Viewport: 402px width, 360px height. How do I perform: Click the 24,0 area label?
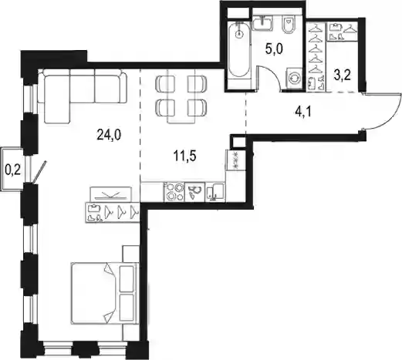coord(109,134)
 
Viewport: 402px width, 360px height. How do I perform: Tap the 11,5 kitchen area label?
coord(185,156)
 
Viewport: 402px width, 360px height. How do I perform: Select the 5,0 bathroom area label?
coord(274,49)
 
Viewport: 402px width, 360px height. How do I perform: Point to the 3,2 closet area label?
coord(343,75)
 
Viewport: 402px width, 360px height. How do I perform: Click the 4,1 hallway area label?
coord(303,113)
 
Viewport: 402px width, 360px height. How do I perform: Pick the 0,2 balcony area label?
coord(13,170)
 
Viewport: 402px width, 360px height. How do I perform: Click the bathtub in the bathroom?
coord(239,50)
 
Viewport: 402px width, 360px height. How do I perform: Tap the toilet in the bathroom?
coord(289,24)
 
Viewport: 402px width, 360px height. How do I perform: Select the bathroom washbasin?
coord(262,23)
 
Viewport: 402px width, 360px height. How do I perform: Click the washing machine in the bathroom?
coord(295,79)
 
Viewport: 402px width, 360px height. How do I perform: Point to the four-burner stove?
coord(174,192)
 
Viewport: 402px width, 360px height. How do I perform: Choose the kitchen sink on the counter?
coord(215,192)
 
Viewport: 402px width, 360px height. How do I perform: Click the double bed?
coord(105,293)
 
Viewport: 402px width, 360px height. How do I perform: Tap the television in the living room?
coord(111,194)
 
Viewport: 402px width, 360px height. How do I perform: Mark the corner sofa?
coord(83,96)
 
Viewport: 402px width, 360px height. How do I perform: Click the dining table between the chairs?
coord(181,96)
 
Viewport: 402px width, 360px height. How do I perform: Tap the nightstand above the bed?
coord(131,254)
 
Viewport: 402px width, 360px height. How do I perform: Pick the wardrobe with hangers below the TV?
coord(113,212)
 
